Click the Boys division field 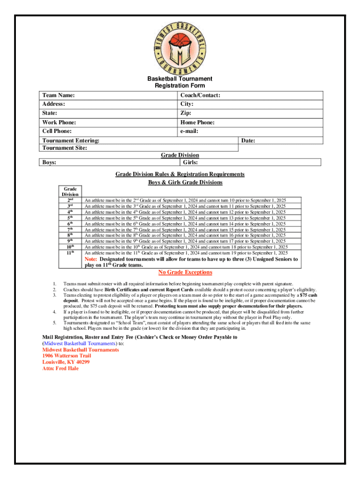pos(108,162)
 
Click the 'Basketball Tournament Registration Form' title pos(180,82)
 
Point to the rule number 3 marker pos(55,295)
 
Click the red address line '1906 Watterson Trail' pos(63,356)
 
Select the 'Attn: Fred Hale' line pos(60,368)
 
